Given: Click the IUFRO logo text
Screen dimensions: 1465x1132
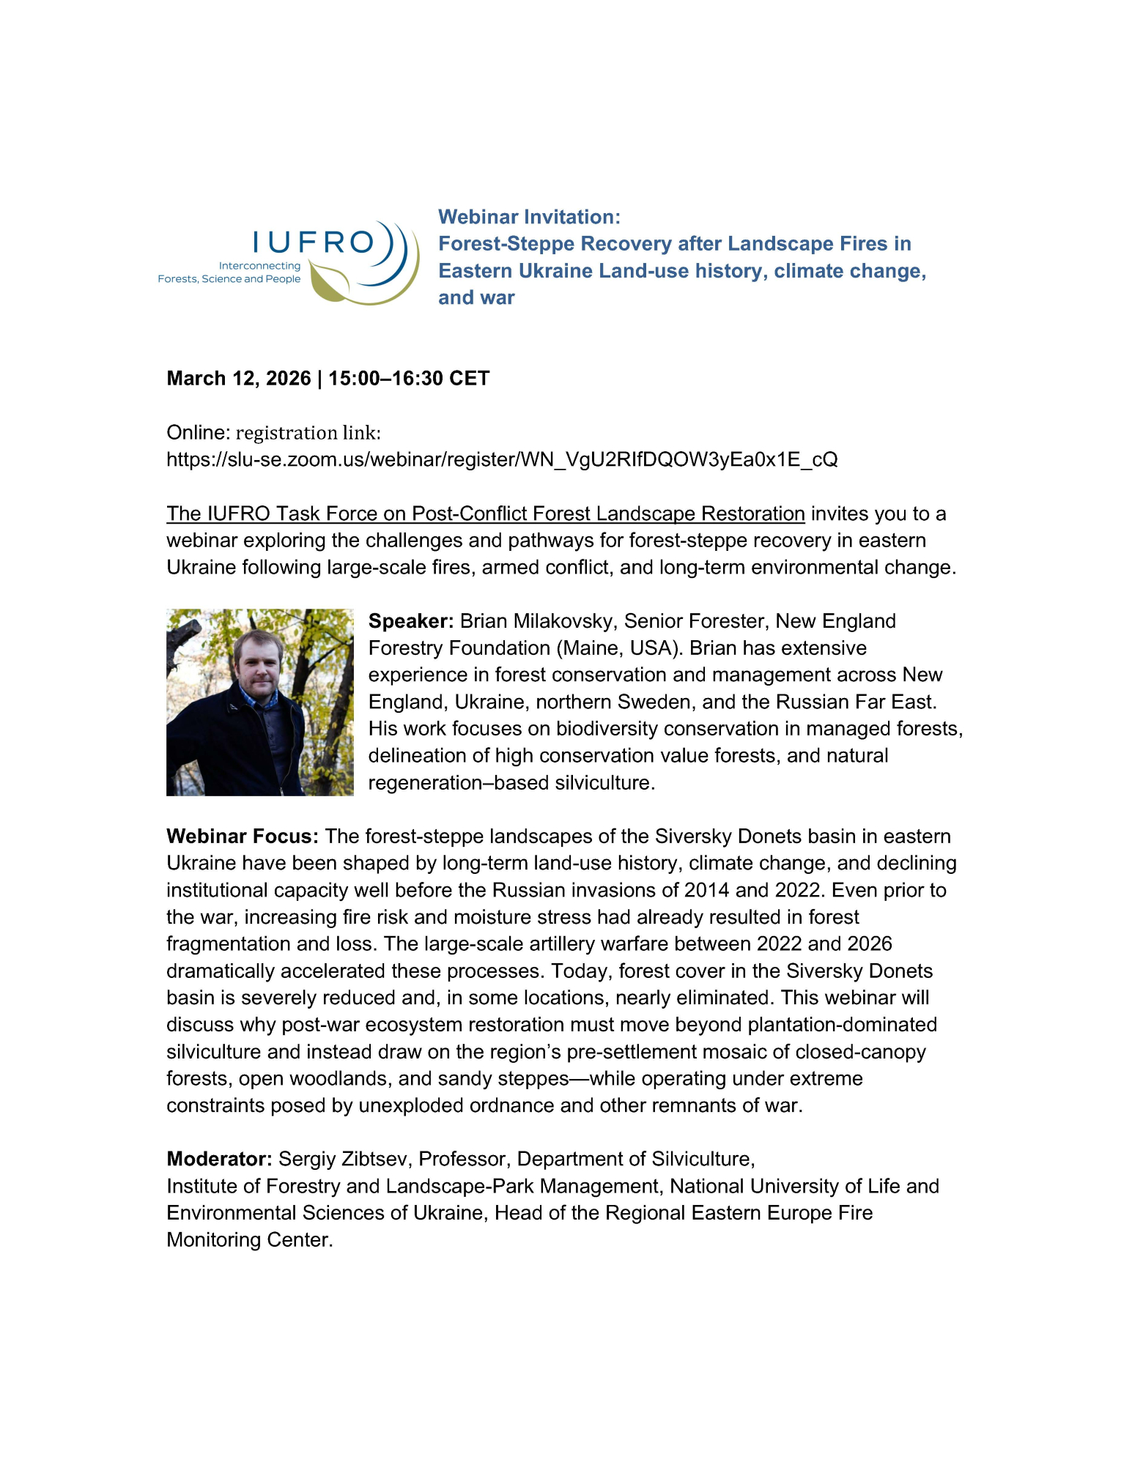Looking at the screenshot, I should click(313, 242).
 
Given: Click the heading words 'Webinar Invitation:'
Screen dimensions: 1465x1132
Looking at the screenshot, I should click(529, 217).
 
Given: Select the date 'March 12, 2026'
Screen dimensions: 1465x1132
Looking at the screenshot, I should click(238, 378).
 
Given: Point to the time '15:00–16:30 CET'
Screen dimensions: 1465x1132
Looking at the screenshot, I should click(409, 378).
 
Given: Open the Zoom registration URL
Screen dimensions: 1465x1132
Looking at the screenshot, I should click(502, 459).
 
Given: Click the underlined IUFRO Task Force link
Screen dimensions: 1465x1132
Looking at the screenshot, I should click(485, 513).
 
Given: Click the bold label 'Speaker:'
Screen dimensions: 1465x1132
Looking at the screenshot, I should click(411, 621).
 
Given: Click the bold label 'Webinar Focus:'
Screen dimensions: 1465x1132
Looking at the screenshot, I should click(243, 837).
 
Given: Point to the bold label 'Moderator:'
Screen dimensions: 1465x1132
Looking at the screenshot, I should click(219, 1159).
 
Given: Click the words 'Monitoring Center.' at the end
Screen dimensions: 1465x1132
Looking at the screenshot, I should click(249, 1239).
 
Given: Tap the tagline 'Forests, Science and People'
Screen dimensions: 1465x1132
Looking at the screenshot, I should click(229, 279).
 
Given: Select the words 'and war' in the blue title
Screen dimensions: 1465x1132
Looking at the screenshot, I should click(476, 297).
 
